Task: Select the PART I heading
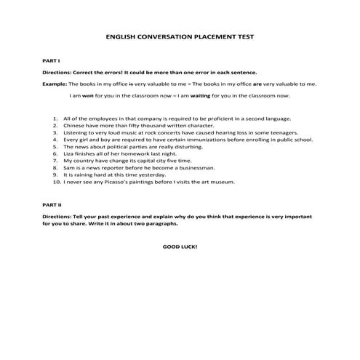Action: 49,61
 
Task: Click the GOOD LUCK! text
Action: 180,247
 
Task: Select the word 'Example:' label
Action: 54,84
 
